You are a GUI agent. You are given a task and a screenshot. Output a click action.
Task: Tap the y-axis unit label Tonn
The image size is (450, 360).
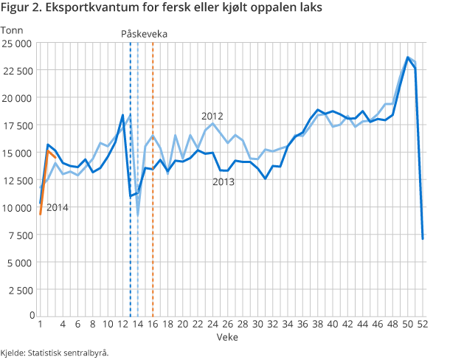13,30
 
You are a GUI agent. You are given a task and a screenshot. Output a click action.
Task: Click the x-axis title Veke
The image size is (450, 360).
228,336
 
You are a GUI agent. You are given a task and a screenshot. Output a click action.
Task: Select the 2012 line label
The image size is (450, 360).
212,116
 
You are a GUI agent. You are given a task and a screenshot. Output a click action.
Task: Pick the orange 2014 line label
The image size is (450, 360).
58,207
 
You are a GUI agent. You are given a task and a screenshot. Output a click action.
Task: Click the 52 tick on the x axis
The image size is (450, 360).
423,324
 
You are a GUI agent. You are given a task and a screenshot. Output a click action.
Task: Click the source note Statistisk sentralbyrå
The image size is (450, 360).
55,352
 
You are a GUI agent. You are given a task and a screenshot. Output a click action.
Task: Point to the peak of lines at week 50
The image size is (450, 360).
408,58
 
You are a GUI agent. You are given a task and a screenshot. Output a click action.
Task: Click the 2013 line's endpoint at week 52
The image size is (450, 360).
423,238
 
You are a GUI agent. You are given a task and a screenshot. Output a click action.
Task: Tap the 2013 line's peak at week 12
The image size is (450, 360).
122,116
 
